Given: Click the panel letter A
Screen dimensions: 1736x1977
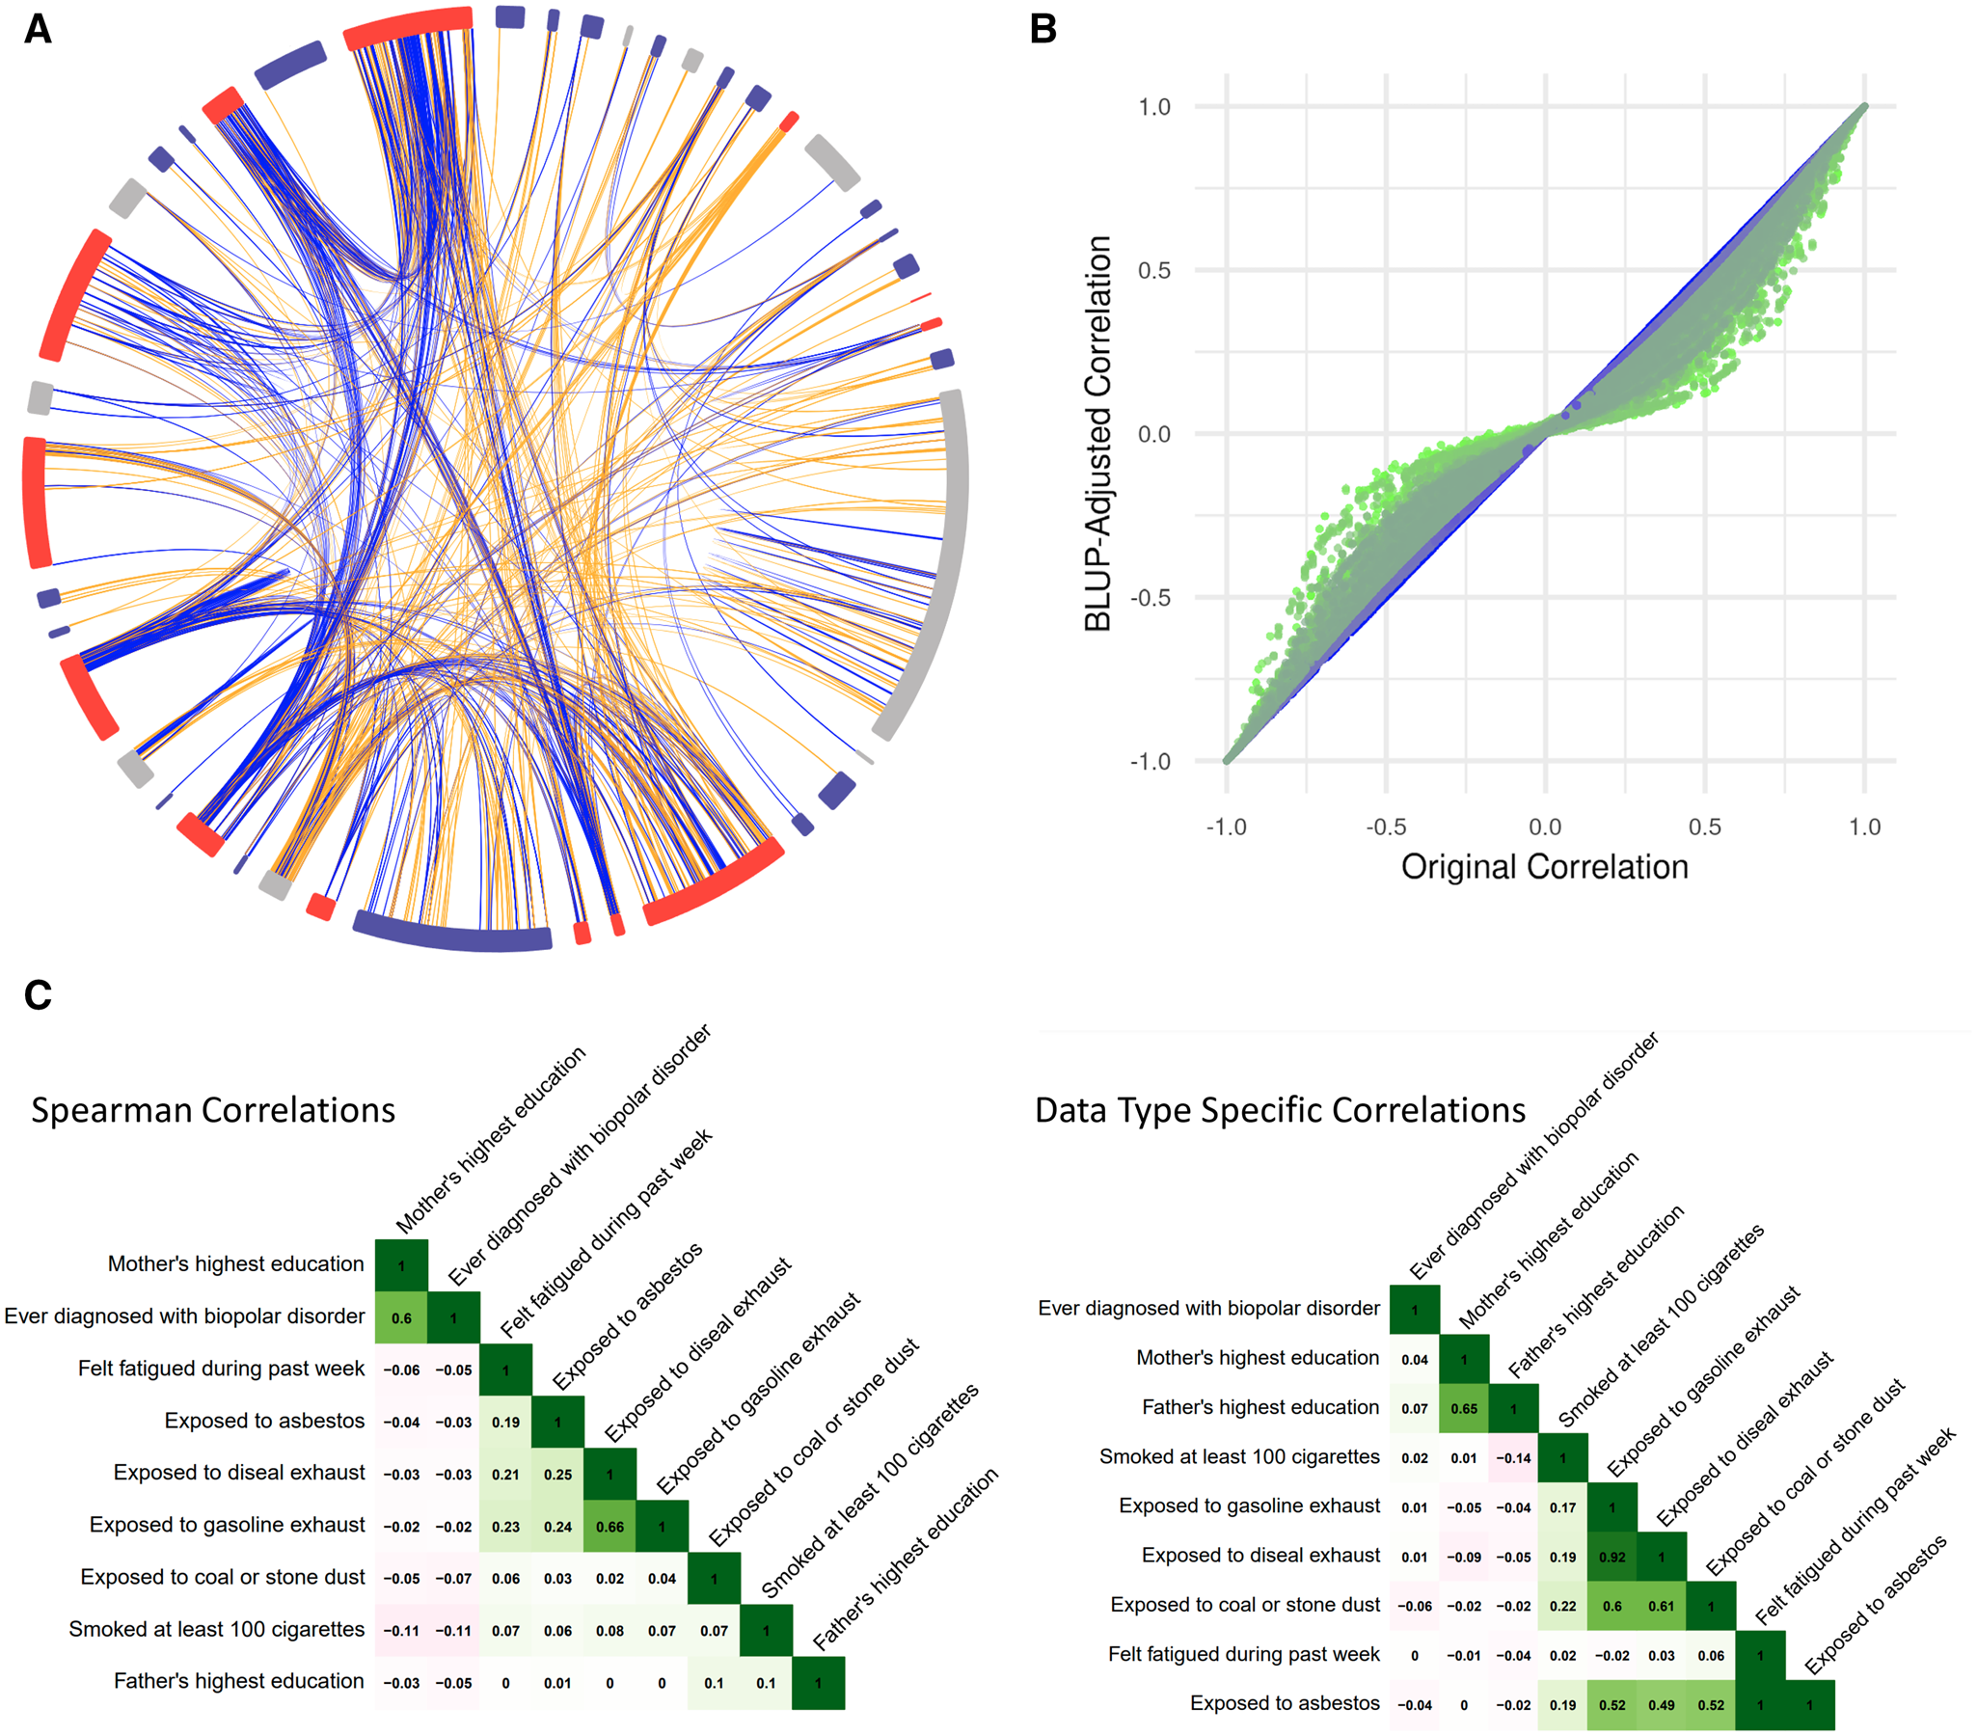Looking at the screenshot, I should point(38,29).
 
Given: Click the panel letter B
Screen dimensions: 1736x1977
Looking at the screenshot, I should point(1043,29).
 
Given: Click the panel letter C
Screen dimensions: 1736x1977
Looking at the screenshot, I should point(38,994).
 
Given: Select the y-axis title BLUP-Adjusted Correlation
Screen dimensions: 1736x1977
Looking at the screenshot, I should point(1097,433).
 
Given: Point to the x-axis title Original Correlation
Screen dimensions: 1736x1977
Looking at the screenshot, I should point(1544,866).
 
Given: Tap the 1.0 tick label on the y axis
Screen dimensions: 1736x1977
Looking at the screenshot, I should point(1154,107).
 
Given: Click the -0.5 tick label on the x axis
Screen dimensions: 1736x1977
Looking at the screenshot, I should point(1385,827).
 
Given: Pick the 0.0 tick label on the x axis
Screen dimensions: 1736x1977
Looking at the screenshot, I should point(1545,827).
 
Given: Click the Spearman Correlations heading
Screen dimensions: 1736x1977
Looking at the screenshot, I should point(213,1110).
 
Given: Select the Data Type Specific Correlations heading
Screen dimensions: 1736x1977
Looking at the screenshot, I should point(1280,1110).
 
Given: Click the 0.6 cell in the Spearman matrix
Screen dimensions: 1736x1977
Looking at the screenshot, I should point(401,1318).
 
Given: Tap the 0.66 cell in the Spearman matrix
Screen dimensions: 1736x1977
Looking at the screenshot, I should point(609,1527).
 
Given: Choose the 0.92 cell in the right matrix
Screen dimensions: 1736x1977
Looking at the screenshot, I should point(1612,1557).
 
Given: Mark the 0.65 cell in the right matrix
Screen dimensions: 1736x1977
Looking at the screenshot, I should point(1464,1409).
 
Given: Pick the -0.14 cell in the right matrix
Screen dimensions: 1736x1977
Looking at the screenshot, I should point(1514,1458).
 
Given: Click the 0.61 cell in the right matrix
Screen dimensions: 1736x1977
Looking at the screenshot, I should point(1662,1607).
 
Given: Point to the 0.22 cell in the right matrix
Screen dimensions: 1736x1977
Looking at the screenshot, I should point(1563,1607).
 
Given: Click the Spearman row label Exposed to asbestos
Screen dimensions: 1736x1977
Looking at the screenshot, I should point(264,1421).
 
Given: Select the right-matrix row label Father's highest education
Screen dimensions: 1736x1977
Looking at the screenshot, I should point(1260,1407).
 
